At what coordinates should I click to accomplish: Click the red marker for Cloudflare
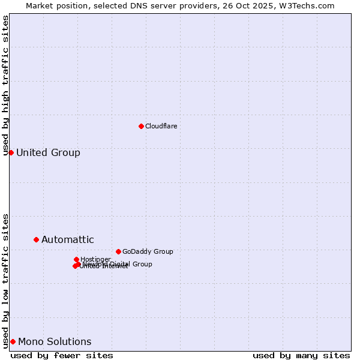[x=141, y=126]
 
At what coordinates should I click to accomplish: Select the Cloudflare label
[x=161, y=126]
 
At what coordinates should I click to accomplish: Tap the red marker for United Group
[x=11, y=152]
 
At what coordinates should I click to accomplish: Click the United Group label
[x=48, y=152]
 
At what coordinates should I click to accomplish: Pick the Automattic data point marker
[x=36, y=239]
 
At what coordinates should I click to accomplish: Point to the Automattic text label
[x=67, y=240]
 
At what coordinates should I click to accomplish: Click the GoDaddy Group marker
[x=118, y=251]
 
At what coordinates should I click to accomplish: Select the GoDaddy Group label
[x=148, y=251]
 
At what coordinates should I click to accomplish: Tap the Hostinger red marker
[x=76, y=259]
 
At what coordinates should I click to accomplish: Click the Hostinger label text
[x=95, y=259]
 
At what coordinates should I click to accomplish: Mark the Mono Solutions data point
[x=13, y=341]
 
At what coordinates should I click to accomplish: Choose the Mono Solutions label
[x=55, y=342]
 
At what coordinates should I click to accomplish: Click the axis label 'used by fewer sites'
[x=62, y=355]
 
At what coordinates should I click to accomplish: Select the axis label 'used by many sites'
[x=301, y=355]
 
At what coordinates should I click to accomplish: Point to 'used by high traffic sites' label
[x=6, y=85]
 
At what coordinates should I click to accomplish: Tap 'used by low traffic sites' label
[x=6, y=280]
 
